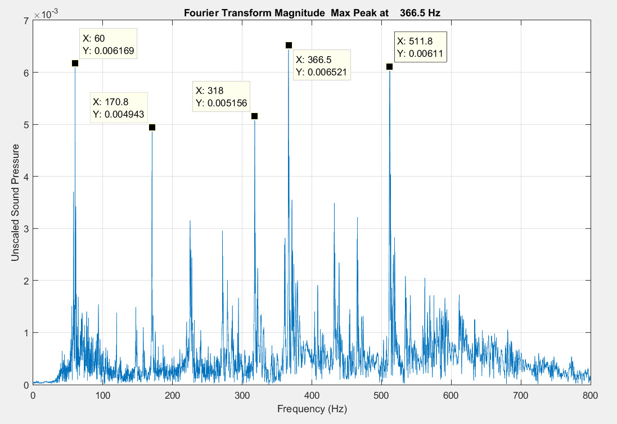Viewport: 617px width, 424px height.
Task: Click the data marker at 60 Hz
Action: (x=75, y=64)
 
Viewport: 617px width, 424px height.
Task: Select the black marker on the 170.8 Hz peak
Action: (x=152, y=128)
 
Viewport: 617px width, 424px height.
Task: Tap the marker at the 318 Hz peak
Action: (x=254, y=116)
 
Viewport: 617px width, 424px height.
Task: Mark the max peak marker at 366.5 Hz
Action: (x=289, y=46)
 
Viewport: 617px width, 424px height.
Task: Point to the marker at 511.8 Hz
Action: (x=389, y=67)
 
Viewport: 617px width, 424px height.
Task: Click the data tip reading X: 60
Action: (x=109, y=44)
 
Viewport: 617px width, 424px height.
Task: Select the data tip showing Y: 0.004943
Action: (x=119, y=108)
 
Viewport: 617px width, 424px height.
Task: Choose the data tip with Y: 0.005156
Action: (x=222, y=96)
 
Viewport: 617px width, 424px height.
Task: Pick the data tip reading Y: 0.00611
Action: (x=421, y=47)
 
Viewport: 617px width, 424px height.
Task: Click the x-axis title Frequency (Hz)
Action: (x=312, y=409)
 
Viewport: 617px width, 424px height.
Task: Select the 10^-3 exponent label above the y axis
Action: (x=44, y=13)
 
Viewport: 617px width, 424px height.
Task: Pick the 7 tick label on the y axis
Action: (x=26, y=21)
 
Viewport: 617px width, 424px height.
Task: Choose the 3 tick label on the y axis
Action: (x=26, y=229)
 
